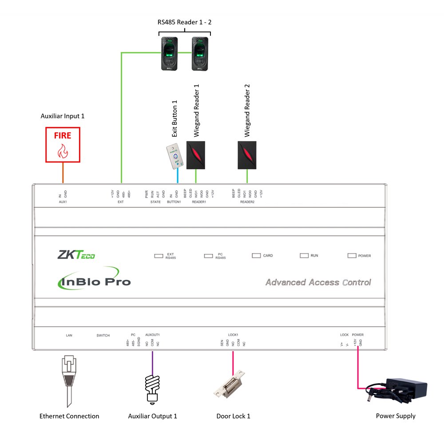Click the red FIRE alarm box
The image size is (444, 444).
[63, 145]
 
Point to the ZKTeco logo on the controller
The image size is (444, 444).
[76, 255]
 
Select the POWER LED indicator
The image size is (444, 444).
[352, 256]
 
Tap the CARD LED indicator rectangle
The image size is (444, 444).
[256, 256]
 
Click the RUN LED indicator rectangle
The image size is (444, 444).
[304, 256]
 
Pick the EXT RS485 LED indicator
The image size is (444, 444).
[159, 256]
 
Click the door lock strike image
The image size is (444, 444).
[230, 383]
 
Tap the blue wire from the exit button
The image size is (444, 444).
[177, 177]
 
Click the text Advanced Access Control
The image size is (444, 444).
[318, 282]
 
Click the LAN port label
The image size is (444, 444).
[69, 335]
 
